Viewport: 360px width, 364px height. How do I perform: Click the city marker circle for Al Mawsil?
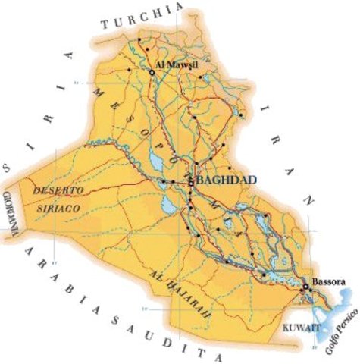[x=152, y=71]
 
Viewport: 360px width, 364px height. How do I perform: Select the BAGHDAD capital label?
[x=226, y=180]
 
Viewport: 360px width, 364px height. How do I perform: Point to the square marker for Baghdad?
[x=190, y=182]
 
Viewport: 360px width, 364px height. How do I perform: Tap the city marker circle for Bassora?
[x=305, y=287]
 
